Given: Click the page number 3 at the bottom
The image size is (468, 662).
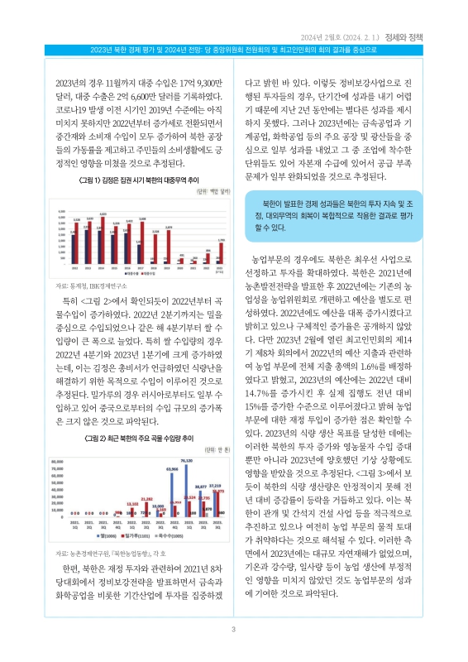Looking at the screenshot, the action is click(234, 631).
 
